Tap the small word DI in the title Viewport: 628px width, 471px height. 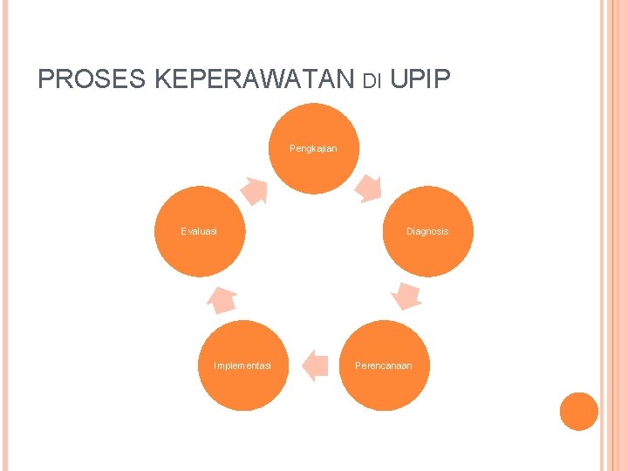pos(372,82)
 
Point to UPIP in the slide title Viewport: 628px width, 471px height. pos(420,79)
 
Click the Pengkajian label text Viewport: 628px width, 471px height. pos(313,148)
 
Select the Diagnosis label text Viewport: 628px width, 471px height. pos(427,232)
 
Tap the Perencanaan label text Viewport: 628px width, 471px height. pos(384,365)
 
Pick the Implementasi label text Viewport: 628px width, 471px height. pos(242,365)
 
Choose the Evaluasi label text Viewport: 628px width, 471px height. pos(199,232)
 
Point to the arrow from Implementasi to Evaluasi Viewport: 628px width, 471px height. pos(222,298)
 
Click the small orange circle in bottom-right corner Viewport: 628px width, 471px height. pos(578,411)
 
